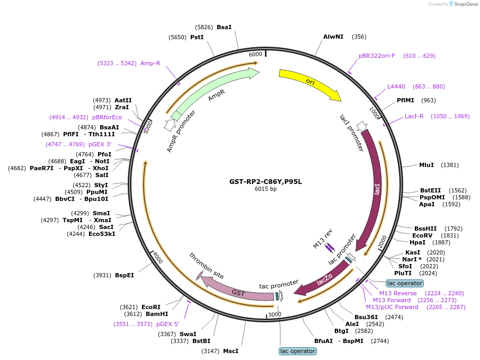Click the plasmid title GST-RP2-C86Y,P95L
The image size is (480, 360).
pyautogui.click(x=265, y=181)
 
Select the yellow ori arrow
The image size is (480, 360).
pyautogui.click(x=310, y=82)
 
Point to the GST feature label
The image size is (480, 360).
pyautogui.click(x=238, y=292)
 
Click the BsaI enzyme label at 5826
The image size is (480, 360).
pyautogui.click(x=224, y=27)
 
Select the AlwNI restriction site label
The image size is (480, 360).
pyautogui.click(x=333, y=37)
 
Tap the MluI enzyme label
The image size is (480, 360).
pyautogui.click(x=426, y=165)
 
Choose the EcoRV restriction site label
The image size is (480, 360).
pyautogui.click(x=422, y=235)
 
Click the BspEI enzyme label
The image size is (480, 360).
pyautogui.click(x=125, y=275)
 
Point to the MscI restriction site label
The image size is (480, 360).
pyautogui.click(x=230, y=350)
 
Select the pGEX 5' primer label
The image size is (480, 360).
pyautogui.click(x=167, y=323)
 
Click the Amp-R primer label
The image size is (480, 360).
pyautogui.click(x=150, y=63)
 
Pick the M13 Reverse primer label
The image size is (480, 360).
pyautogui.click(x=398, y=293)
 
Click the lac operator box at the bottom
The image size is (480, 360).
pyautogui.click(x=297, y=351)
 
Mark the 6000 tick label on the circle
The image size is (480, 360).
pyautogui.click(x=255, y=54)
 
